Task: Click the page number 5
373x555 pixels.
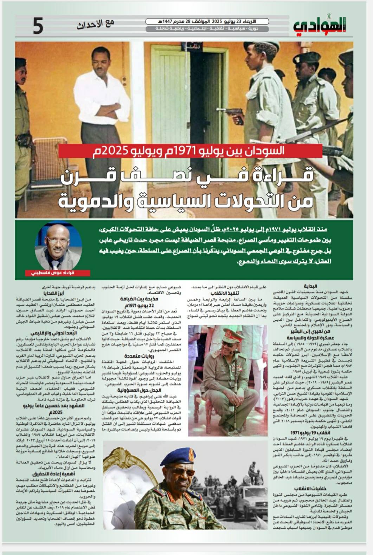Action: [38, 26]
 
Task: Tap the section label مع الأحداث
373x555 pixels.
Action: [95, 24]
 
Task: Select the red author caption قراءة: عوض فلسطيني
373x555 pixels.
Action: [59, 273]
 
